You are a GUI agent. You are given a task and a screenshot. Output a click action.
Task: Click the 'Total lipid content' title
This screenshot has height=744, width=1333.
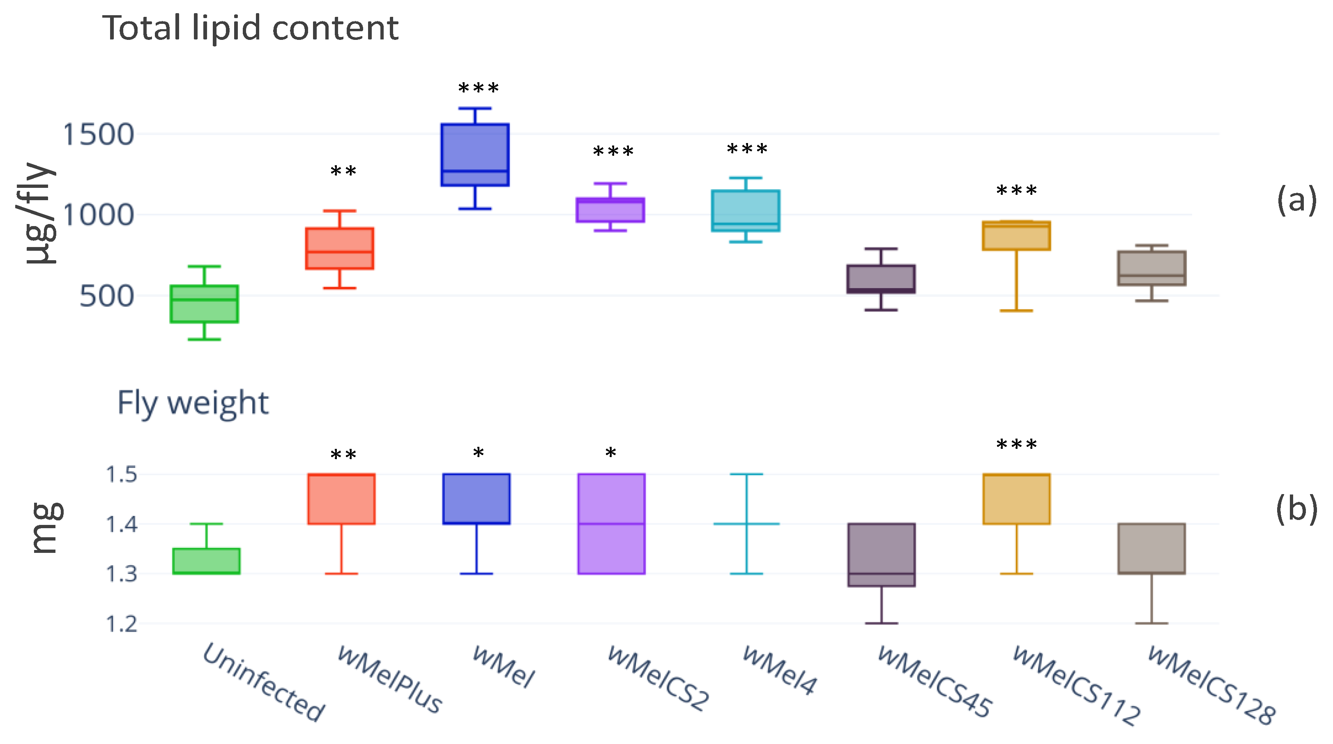(251, 28)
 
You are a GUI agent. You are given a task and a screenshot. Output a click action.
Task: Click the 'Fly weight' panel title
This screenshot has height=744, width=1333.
(193, 403)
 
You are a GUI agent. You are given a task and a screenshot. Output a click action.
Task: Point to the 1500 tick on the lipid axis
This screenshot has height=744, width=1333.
(98, 134)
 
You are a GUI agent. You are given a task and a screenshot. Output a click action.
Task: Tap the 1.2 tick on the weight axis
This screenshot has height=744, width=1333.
(122, 624)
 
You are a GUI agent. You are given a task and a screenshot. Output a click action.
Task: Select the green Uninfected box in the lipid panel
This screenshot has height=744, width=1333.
(205, 304)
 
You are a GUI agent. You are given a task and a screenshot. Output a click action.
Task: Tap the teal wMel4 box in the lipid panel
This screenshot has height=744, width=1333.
(746, 211)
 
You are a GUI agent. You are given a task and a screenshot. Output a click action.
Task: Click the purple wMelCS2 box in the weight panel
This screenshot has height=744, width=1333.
(612, 523)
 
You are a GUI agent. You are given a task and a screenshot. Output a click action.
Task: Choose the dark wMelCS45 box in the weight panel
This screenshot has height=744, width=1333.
(881, 555)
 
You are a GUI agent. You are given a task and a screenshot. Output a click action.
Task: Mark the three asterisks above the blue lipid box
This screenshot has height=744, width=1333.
(479, 88)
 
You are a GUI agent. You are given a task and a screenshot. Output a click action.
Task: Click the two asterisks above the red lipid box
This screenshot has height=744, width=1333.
(343, 171)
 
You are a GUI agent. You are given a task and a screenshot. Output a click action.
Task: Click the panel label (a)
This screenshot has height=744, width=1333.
(1296, 200)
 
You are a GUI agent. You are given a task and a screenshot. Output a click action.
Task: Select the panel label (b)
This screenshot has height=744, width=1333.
(1296, 509)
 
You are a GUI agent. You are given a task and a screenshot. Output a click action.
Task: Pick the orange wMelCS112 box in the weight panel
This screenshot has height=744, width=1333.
(1017, 499)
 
